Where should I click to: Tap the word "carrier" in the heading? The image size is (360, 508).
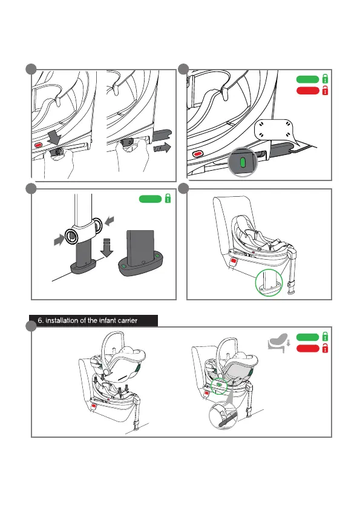[x=127, y=320]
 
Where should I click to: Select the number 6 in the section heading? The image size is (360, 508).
[x=40, y=320]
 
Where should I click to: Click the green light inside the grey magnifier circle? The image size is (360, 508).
[x=243, y=162]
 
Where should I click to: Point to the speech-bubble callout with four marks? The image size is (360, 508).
[x=274, y=133]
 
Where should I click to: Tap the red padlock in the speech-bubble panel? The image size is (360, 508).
[x=325, y=90]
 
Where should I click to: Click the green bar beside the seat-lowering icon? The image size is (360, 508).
[x=307, y=337]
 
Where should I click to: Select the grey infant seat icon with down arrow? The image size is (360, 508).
[x=279, y=343]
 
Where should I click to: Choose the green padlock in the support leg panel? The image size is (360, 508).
[x=168, y=198]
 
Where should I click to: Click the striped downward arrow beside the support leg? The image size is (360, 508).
[x=107, y=247]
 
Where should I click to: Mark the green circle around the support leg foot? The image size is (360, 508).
[x=269, y=282]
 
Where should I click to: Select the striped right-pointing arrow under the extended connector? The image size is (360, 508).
[x=162, y=148]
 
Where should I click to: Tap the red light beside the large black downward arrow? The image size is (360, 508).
[x=39, y=145]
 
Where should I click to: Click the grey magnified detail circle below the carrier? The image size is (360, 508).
[x=223, y=416]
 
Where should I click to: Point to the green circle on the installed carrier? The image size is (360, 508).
[x=219, y=386]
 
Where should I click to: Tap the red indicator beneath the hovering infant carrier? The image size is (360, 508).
[x=94, y=406]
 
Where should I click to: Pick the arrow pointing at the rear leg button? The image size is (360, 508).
[x=110, y=221]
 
